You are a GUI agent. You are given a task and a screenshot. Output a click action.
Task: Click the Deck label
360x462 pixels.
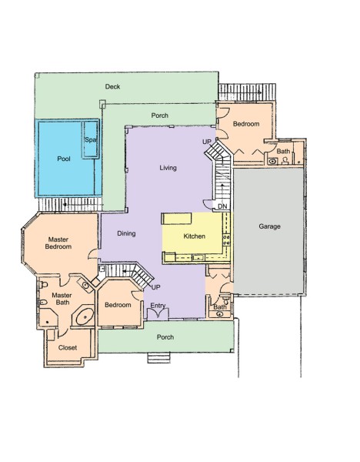pyautogui.click(x=112, y=86)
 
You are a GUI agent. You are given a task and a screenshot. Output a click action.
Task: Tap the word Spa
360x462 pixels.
pyautogui.click(x=90, y=139)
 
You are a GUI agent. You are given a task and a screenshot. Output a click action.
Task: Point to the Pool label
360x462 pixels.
pyautogui.click(x=64, y=159)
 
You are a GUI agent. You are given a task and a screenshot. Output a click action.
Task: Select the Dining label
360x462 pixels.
pyautogui.click(x=126, y=233)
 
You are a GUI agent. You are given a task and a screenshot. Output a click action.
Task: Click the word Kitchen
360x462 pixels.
pyautogui.click(x=195, y=236)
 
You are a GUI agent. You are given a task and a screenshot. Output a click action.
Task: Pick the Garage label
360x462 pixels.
pyautogui.click(x=269, y=226)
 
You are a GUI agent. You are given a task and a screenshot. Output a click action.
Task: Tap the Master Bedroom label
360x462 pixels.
pyautogui.click(x=58, y=243)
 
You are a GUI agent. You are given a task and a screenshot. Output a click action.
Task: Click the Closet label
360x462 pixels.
pyautogui.click(x=68, y=348)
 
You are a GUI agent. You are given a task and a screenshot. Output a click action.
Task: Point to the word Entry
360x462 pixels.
pyautogui.click(x=158, y=306)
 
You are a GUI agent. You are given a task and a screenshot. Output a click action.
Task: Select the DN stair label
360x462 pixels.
pyautogui.click(x=222, y=206)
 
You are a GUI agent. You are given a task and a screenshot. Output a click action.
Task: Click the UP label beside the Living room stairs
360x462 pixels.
pyautogui.click(x=207, y=142)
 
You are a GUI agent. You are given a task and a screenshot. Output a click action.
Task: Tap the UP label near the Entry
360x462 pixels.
pyautogui.click(x=155, y=287)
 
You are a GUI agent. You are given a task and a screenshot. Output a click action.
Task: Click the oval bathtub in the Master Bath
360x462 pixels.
pyautogui.click(x=85, y=316)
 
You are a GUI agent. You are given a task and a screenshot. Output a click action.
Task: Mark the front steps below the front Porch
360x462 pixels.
pyautogui.click(x=158, y=358)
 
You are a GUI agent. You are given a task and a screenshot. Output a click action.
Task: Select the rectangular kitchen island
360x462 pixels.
pyautogui.click(x=177, y=219)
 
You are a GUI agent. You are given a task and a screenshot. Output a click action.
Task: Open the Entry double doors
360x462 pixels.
pyautogui.click(x=158, y=314)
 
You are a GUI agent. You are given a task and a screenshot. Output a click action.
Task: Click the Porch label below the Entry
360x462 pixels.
pyautogui.click(x=165, y=337)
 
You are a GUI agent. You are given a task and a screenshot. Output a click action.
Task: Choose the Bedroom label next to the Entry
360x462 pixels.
pyautogui.click(x=118, y=305)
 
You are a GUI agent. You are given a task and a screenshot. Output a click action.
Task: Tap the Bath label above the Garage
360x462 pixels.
pyautogui.click(x=283, y=152)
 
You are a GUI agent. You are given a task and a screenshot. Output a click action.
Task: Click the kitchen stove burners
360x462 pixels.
pyautogui.click(x=227, y=239)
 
